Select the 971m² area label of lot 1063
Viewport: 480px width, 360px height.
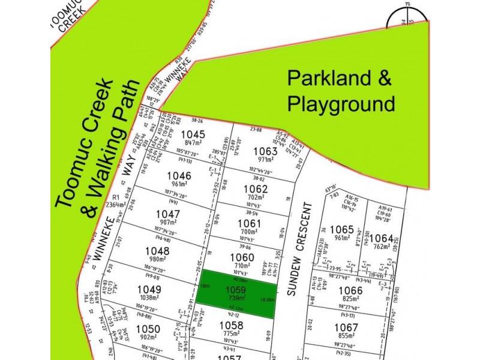point(265,159)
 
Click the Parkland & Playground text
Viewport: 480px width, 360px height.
point(341,91)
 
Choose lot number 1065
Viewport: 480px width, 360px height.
point(342,229)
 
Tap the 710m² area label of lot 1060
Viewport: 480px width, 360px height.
point(242,265)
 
